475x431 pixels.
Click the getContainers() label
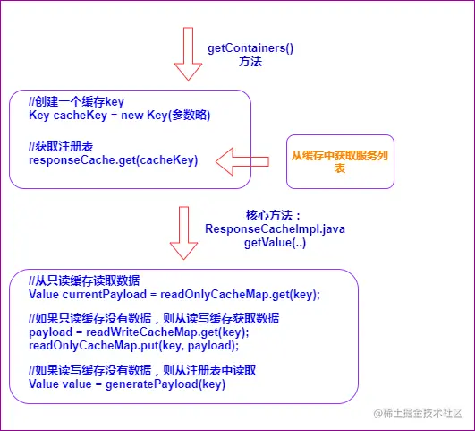250,46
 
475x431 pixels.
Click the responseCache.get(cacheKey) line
113,159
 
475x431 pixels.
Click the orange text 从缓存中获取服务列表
339,161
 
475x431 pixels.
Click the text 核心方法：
274,215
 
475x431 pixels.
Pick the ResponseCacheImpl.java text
275,229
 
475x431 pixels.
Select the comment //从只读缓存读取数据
84,280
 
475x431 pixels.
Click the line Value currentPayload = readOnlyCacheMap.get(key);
174,295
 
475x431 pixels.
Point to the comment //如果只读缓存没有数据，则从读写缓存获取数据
154,319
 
